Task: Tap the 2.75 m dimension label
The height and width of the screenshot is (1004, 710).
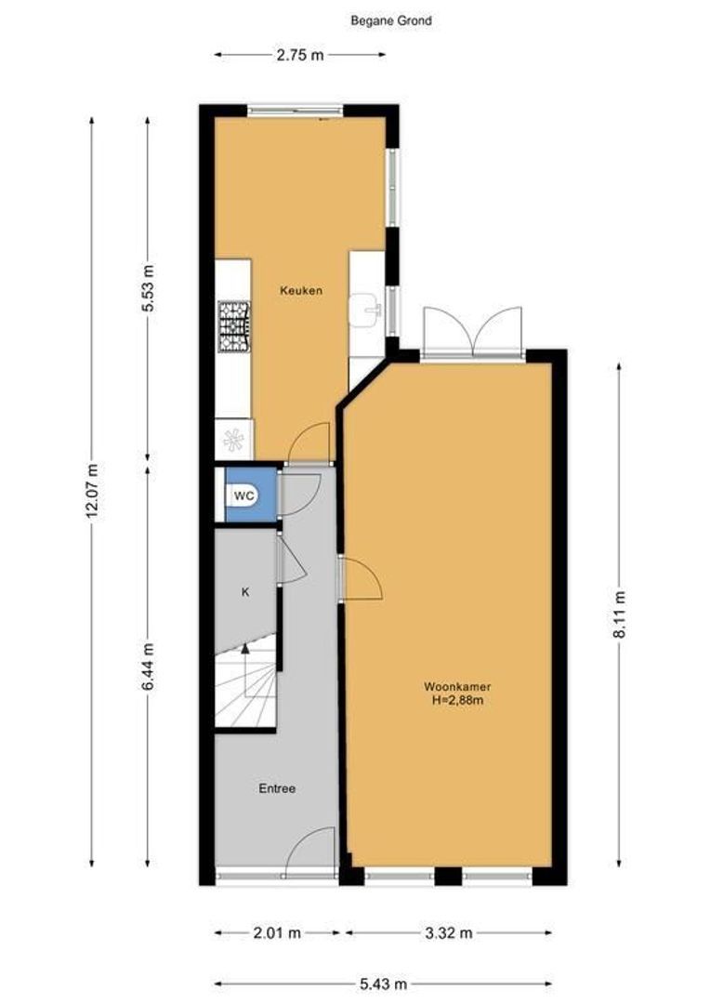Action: (x=299, y=55)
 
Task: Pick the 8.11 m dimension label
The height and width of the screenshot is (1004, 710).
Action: (x=620, y=614)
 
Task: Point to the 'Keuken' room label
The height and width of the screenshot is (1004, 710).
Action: (x=301, y=290)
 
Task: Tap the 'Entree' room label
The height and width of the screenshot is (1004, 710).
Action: (x=276, y=788)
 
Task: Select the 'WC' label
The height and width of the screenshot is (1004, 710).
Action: (x=244, y=495)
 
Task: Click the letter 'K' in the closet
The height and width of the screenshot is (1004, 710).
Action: (x=245, y=591)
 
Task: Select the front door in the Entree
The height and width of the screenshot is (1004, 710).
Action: (x=309, y=853)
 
